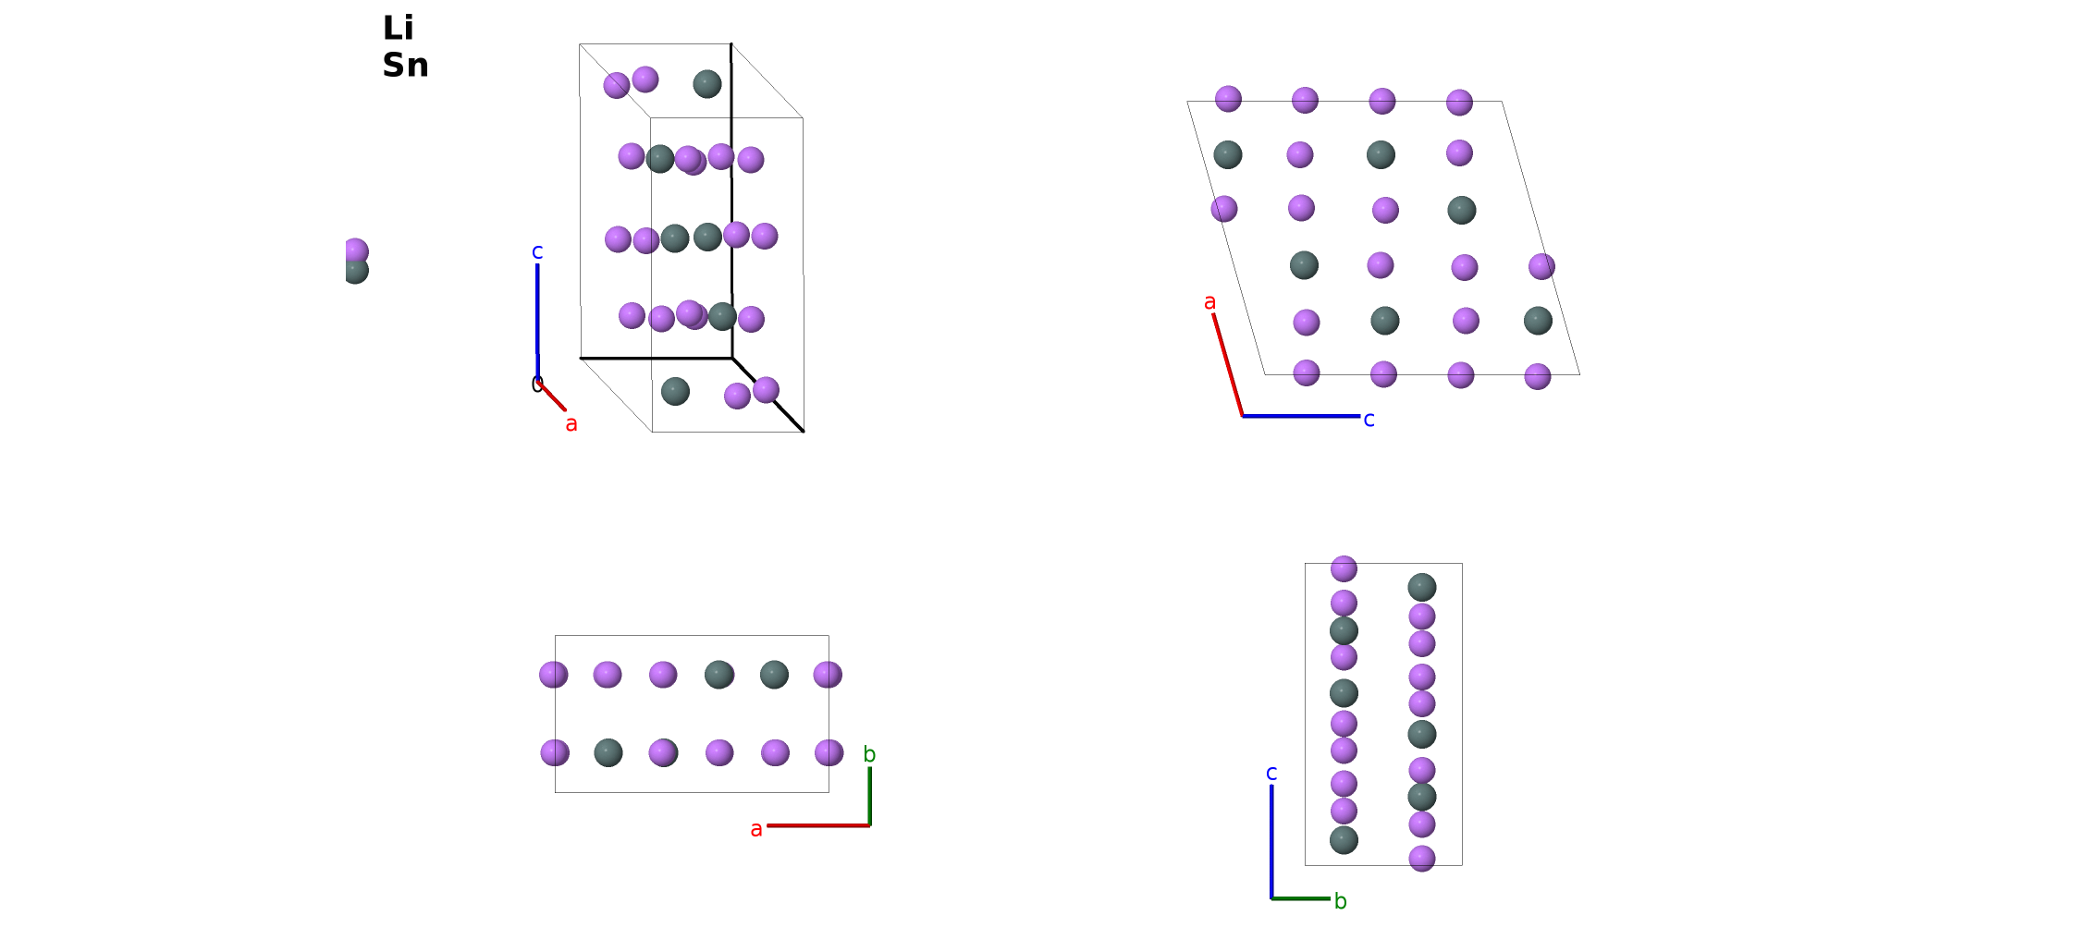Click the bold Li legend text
tap(398, 28)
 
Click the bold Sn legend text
tap(405, 65)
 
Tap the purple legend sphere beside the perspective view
tap(356, 250)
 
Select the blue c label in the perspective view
tap(537, 251)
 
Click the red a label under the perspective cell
tap(571, 424)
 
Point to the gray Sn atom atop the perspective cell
tap(707, 84)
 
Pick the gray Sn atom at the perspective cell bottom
tap(676, 391)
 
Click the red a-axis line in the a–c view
tap(1228, 365)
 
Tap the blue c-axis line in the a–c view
tap(1301, 416)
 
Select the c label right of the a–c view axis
tap(1369, 420)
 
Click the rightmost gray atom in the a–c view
tap(1538, 321)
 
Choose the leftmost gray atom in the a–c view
tap(1228, 154)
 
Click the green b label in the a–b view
tap(869, 754)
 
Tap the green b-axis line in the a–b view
tap(870, 796)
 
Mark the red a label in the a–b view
tap(756, 830)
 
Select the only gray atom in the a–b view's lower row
tap(608, 752)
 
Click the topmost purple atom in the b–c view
tap(1344, 568)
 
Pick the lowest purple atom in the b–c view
tap(1422, 859)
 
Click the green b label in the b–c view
tap(1341, 901)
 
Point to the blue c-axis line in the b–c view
tap(1271, 841)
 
